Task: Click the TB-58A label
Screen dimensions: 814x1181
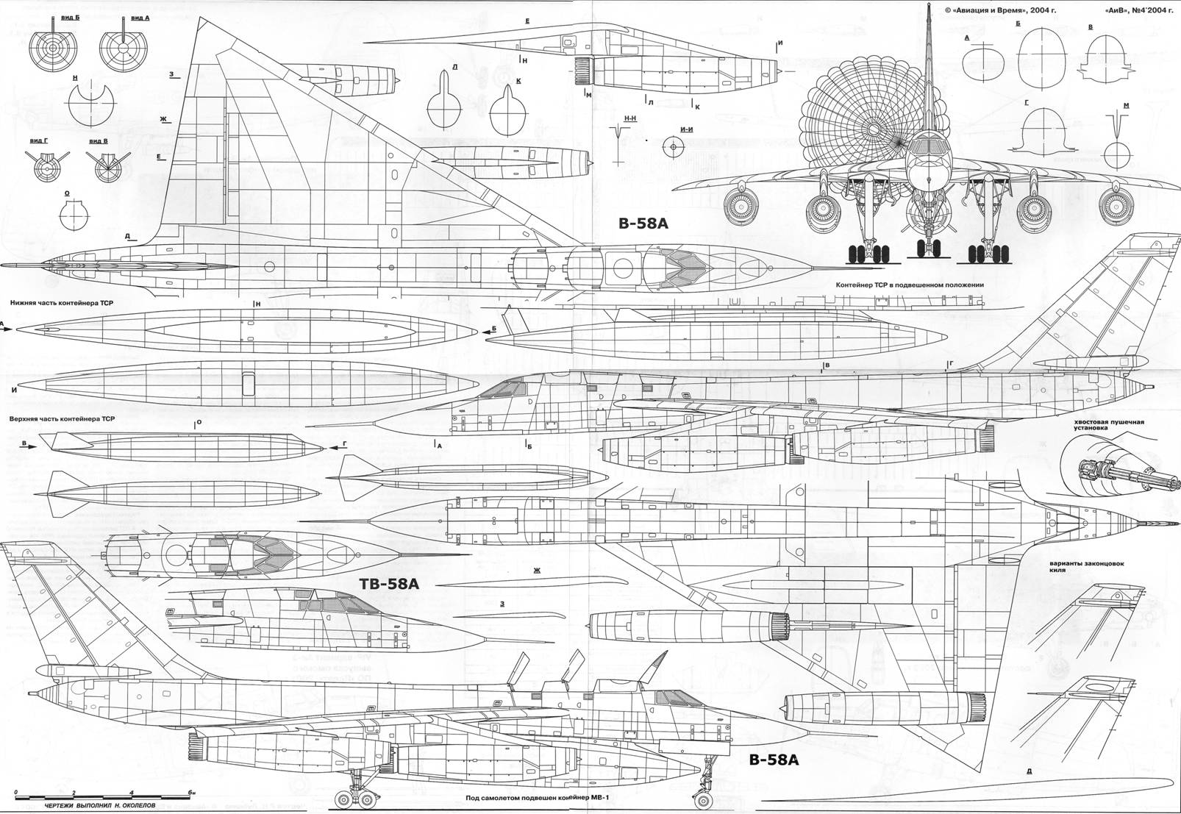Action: (x=390, y=585)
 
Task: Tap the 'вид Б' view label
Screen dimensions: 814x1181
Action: (x=72, y=16)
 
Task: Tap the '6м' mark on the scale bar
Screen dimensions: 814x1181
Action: (x=190, y=792)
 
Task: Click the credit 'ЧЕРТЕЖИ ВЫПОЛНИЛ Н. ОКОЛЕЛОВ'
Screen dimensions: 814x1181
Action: (x=100, y=805)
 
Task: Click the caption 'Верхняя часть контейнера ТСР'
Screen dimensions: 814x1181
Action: (x=63, y=418)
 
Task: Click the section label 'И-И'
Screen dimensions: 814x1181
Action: (x=688, y=130)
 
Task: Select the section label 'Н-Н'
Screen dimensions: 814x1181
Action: (x=629, y=118)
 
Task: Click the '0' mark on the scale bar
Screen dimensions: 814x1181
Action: (x=16, y=792)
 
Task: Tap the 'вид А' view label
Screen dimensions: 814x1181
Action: (x=140, y=16)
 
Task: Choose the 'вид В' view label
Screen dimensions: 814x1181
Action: (x=99, y=140)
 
